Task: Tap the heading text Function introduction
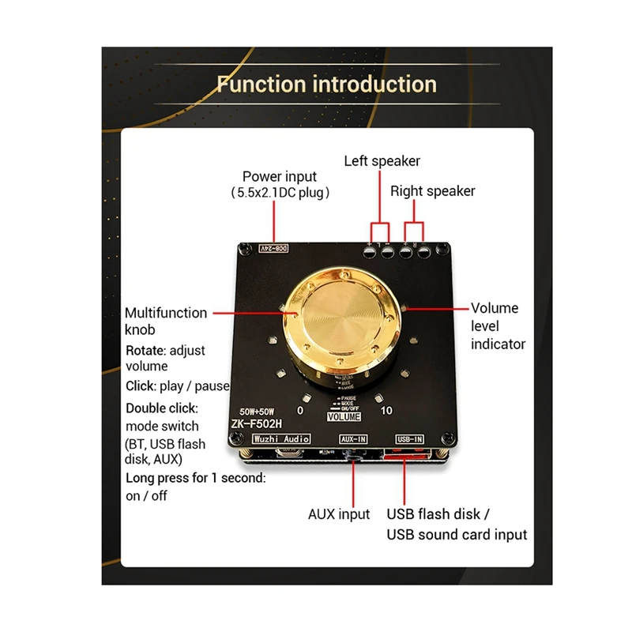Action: (326, 84)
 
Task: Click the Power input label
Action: (279, 177)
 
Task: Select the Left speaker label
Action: (382, 161)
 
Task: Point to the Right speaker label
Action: (433, 191)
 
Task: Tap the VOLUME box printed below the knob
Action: (343, 416)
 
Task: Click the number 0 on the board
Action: (300, 411)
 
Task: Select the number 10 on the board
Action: (386, 411)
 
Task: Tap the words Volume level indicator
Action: (498, 325)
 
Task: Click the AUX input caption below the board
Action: (339, 514)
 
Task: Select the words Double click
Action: (161, 408)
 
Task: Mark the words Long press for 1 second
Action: (195, 478)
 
